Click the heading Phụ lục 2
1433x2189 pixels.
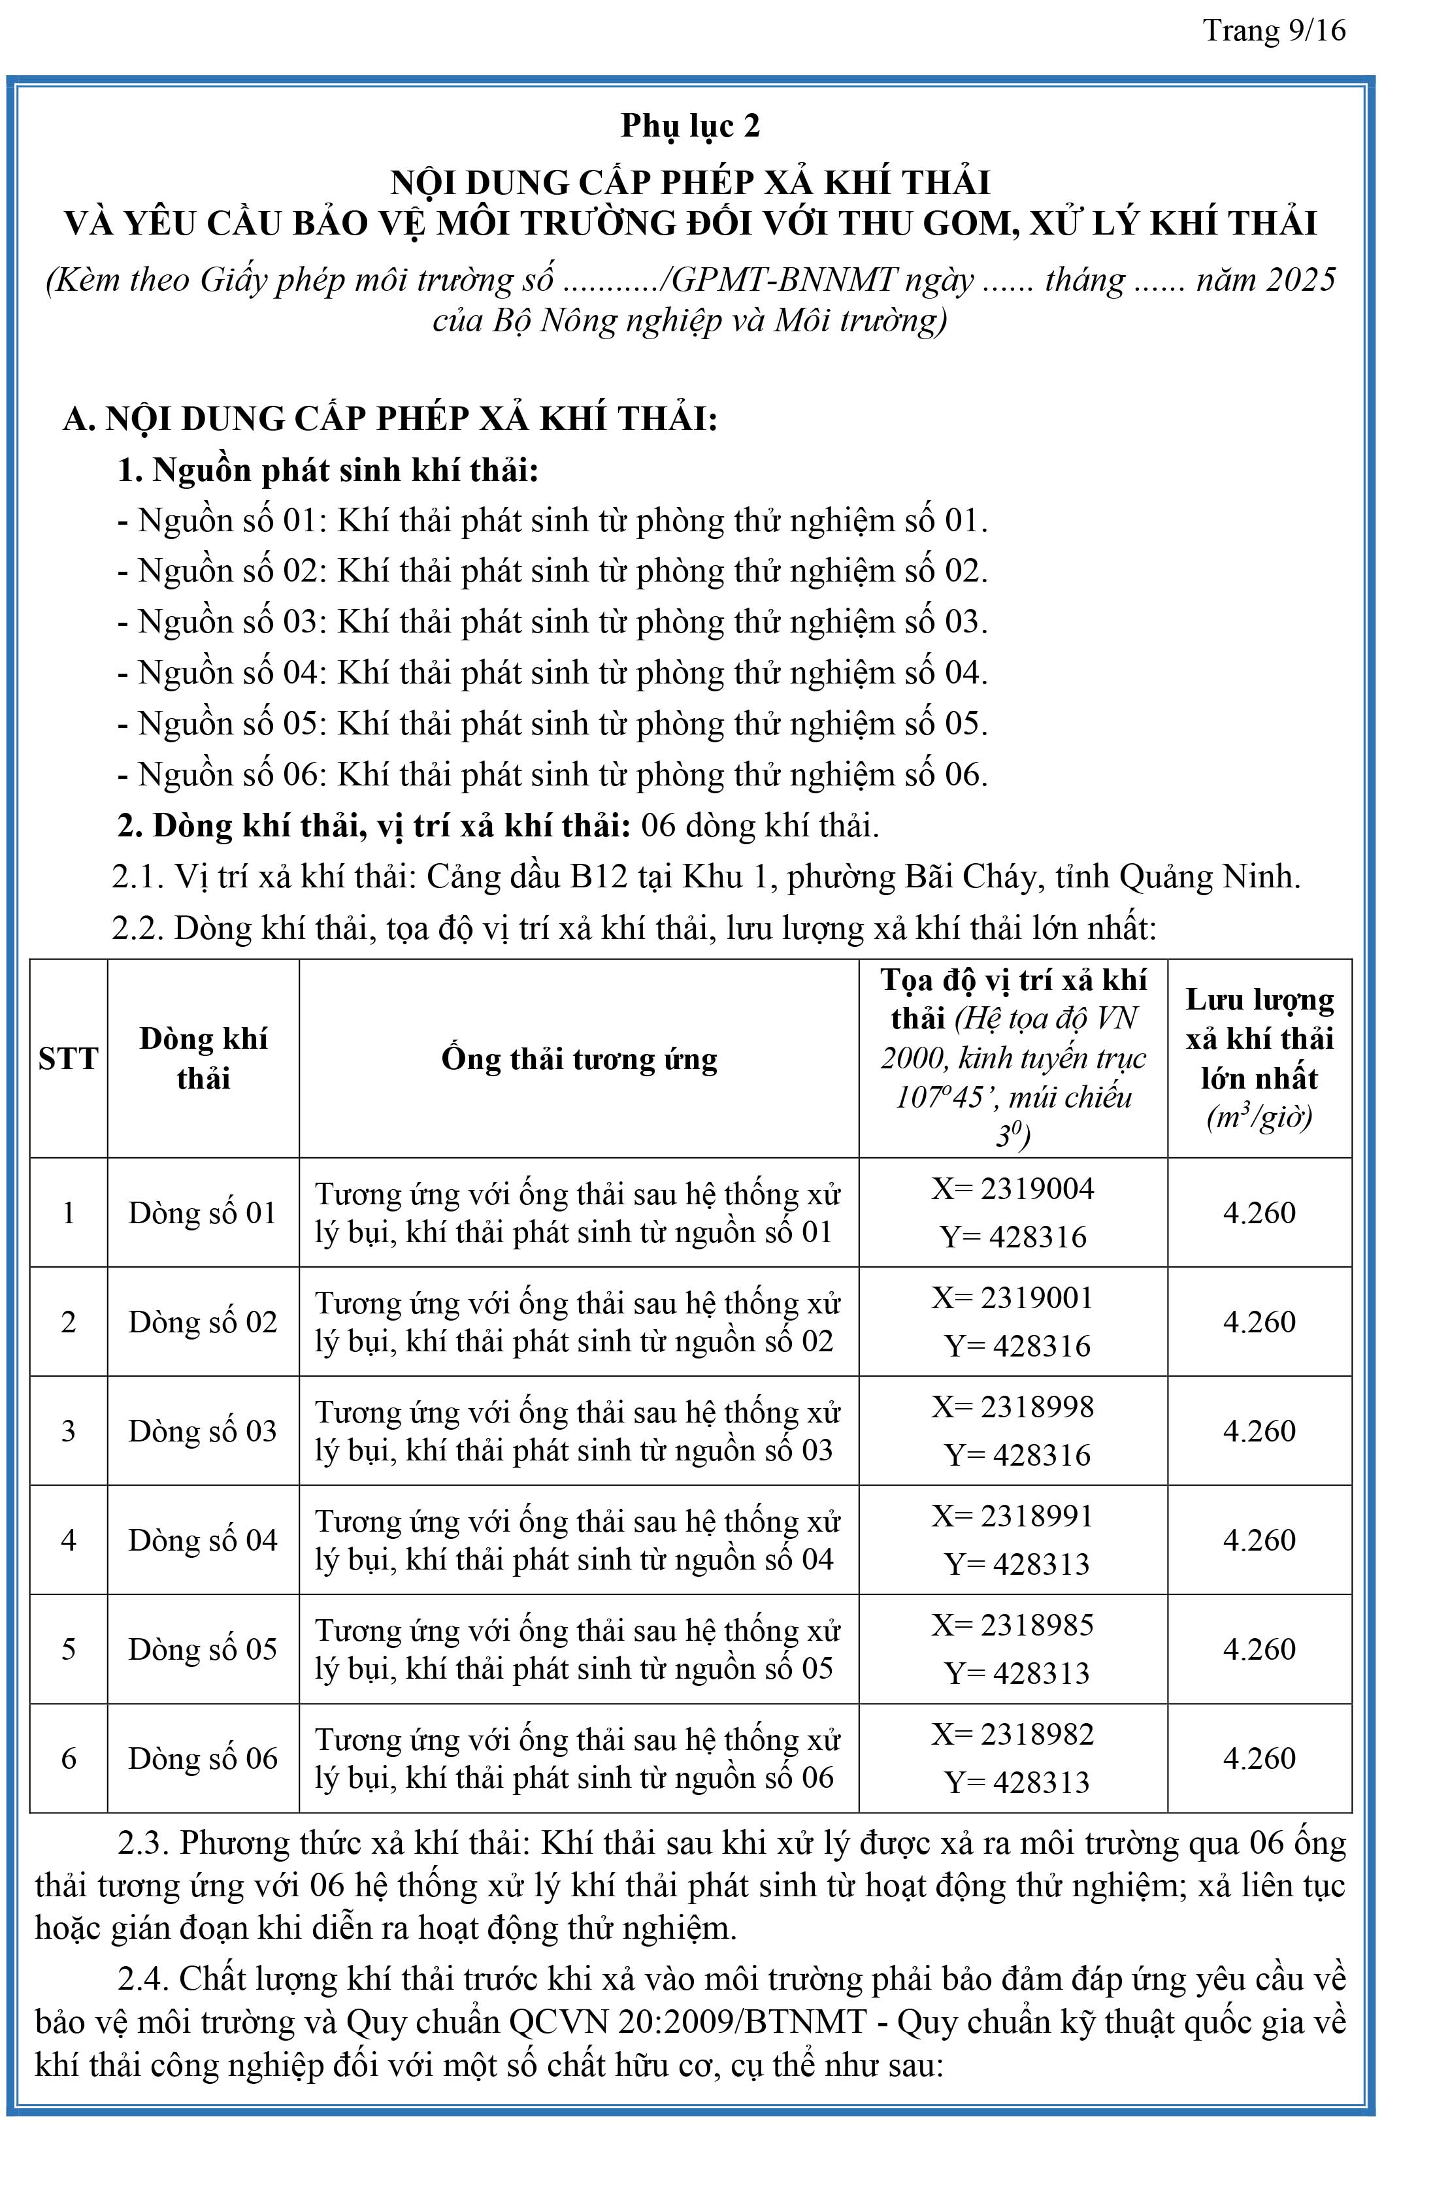coord(690,126)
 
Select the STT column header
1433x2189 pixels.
coord(68,1059)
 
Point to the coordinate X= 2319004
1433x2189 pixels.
coord(1013,1189)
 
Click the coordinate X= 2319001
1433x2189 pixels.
coord(1013,1298)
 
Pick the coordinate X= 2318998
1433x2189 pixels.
coord(1013,1406)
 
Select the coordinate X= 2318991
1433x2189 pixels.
coord(1013,1516)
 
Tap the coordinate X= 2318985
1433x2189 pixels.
coord(1013,1624)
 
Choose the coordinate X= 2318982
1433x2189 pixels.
coord(1013,1734)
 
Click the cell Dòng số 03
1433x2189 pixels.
coord(203,1431)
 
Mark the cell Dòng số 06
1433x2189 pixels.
coord(203,1758)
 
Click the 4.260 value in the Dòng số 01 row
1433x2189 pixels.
coord(1259,1212)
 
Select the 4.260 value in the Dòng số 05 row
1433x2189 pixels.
coord(1259,1649)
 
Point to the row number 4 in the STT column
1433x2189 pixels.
coord(68,1541)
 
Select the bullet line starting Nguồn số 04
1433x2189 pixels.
coord(552,673)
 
